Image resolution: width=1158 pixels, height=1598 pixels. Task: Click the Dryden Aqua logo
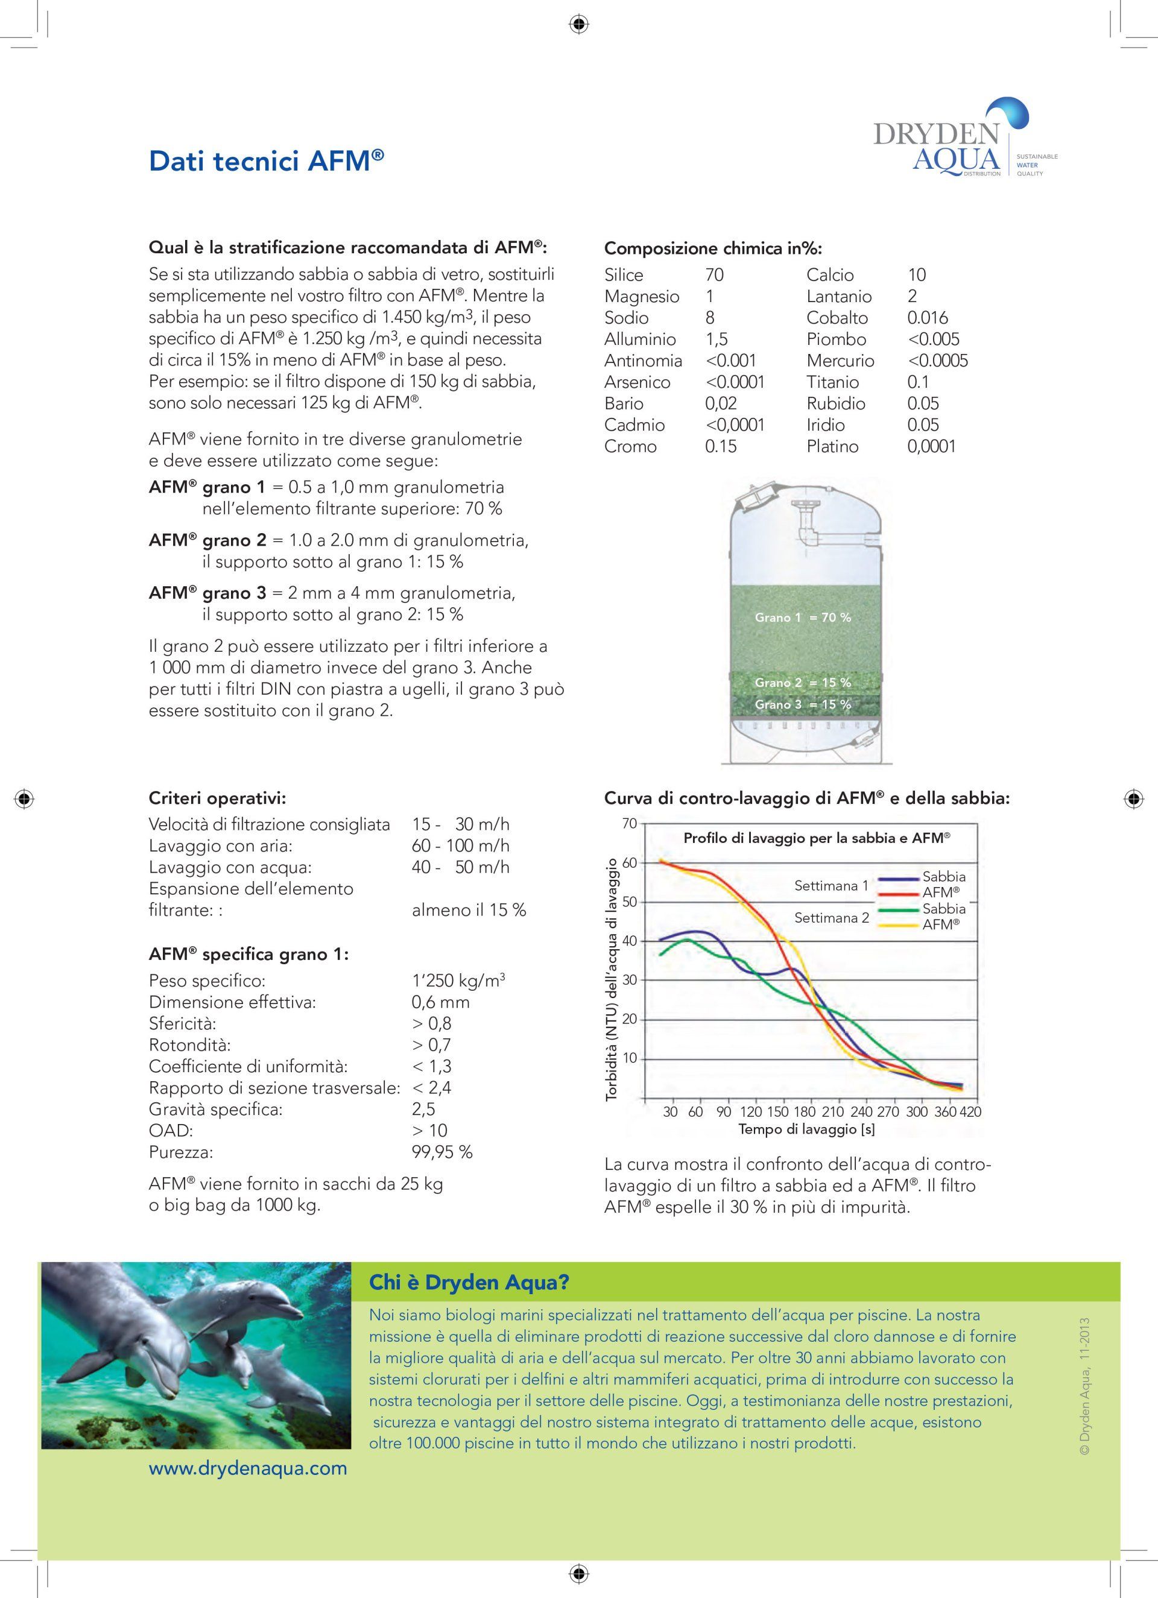[952, 148]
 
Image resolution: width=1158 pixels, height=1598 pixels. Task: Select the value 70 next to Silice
[714, 275]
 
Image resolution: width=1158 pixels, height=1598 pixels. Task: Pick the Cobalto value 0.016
[928, 318]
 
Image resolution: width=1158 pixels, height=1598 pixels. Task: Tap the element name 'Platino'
[832, 446]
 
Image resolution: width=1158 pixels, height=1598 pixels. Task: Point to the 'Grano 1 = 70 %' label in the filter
[803, 617]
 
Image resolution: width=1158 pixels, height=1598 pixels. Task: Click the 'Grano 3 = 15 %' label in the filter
[803, 704]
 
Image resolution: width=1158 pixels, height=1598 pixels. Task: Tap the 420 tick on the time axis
[970, 1112]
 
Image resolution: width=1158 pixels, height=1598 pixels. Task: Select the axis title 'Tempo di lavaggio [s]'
[807, 1129]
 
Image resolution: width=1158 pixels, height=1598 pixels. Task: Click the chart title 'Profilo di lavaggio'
[817, 838]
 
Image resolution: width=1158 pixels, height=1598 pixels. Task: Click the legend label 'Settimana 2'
[832, 917]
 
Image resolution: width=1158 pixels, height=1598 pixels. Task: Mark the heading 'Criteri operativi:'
[217, 798]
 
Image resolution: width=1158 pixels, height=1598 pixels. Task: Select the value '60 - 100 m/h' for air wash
[460, 845]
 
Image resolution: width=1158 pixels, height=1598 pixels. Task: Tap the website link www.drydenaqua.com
[248, 1468]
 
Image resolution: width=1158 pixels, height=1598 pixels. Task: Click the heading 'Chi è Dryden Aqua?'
[469, 1283]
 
